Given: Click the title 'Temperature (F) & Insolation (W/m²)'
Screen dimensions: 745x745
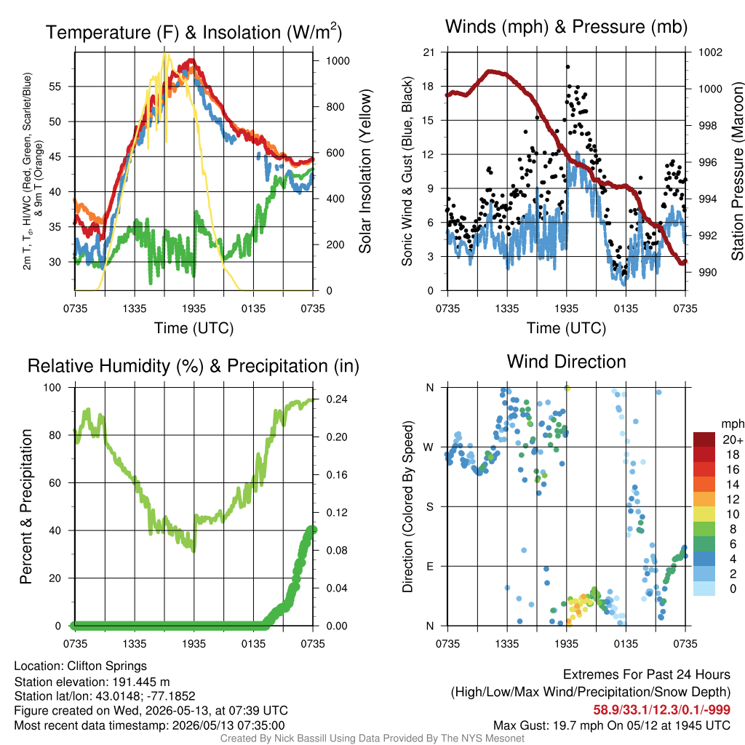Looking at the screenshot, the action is pos(194,32).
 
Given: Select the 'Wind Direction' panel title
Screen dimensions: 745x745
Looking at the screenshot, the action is pos(566,362).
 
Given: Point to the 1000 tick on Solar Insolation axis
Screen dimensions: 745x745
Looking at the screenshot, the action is pos(338,61).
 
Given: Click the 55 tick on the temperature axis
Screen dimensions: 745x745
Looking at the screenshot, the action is pos(55,87).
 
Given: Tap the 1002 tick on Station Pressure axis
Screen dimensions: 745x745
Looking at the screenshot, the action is pos(710,52).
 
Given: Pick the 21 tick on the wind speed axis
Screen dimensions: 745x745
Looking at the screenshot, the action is pos(429,52).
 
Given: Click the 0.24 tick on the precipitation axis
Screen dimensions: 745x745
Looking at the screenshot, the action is pos(337,399).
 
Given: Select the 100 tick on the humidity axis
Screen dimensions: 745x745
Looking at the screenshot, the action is pos(52,387).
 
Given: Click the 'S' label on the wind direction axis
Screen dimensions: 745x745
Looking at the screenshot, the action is pos(429,506).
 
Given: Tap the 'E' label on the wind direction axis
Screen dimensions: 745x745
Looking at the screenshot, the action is pos(429,566).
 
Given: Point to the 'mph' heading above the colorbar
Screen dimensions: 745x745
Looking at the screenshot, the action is pos(732,424).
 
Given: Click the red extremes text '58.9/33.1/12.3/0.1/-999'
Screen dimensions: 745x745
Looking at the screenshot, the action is pos(661,710).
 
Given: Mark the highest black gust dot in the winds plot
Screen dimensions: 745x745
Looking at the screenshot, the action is pos(567,67).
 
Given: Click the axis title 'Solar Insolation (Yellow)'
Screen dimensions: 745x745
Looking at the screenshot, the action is pos(365,172).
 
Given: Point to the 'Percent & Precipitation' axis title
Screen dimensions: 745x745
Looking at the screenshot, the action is pos(26,506).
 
